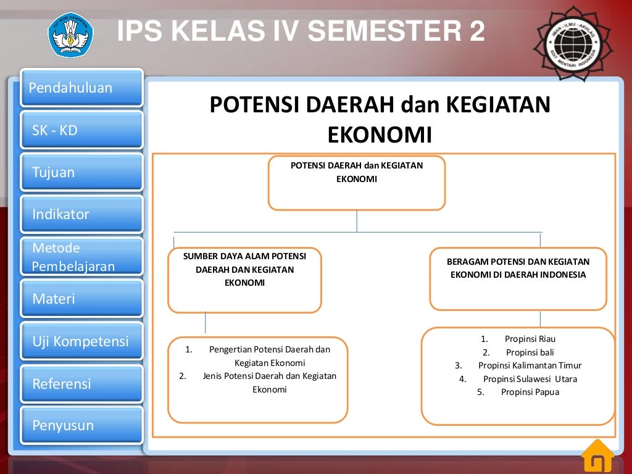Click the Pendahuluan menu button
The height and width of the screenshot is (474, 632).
point(81,88)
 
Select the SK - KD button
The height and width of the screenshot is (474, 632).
point(81,130)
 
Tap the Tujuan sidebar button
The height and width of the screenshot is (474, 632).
point(81,172)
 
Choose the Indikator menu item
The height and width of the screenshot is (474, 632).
point(81,214)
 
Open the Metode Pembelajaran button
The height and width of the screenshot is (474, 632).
point(81,257)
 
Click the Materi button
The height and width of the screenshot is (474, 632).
point(81,299)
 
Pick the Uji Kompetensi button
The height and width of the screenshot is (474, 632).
point(81,341)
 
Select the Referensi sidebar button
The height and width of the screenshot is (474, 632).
point(81,383)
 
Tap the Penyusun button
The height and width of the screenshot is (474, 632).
point(81,425)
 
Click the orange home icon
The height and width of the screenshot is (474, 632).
point(597,456)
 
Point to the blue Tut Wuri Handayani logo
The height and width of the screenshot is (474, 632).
point(71,35)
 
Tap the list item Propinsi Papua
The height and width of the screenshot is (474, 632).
point(530,392)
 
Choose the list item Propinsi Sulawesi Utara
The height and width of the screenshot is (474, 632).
point(530,379)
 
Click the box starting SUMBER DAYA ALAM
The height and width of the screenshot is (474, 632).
point(244,280)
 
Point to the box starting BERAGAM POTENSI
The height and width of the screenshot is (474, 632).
point(518,278)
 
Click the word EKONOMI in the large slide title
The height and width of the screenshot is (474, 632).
point(379,135)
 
